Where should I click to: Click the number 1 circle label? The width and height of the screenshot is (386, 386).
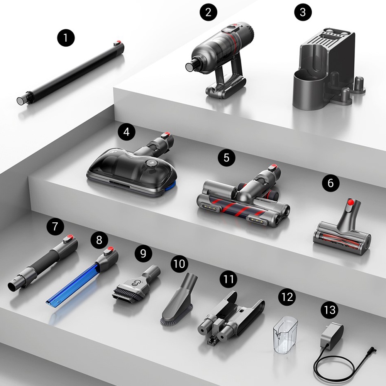[x=66, y=38]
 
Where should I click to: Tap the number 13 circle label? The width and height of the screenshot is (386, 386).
[x=330, y=310]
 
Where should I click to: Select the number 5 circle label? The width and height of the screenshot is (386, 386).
[x=227, y=157]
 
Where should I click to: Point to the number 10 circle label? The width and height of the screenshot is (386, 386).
[x=179, y=264]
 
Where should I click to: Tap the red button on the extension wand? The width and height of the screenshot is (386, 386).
[x=118, y=42]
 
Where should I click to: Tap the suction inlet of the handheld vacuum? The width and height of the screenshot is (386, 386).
[x=189, y=66]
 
